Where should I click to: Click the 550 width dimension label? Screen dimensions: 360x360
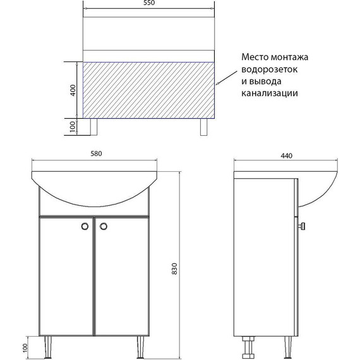click(149, 3)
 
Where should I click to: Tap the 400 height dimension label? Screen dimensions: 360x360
click(73, 90)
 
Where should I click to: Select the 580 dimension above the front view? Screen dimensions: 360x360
click(96, 153)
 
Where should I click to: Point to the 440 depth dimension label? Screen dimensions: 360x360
click(286, 156)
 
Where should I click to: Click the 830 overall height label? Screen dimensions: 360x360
click(174, 268)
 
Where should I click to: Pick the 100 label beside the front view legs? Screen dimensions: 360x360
click(25, 348)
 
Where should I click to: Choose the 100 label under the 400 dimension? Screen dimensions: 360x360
click(73, 127)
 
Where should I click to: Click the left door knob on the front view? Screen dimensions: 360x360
click(85, 226)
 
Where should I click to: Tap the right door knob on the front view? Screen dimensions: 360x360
click(104, 226)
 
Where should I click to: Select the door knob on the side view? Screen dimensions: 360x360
click(302, 226)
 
